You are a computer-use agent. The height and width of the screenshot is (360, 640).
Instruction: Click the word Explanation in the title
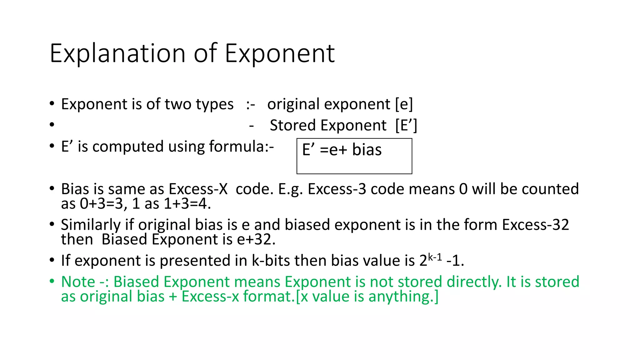(117, 54)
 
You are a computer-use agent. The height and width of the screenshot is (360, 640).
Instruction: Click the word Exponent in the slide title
(280, 54)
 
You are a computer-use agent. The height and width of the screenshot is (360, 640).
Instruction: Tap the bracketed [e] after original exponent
(404, 104)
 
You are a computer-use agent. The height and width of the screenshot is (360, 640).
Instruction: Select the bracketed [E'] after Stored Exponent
(406, 125)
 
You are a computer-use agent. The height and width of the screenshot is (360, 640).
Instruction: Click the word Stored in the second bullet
(292, 125)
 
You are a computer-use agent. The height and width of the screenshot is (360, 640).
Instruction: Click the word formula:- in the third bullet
(241, 146)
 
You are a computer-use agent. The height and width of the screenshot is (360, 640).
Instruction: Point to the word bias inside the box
(367, 149)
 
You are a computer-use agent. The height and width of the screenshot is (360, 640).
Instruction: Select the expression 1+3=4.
(187, 204)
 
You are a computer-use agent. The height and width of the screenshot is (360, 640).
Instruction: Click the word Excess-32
(535, 225)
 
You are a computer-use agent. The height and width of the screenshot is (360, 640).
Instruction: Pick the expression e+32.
(256, 239)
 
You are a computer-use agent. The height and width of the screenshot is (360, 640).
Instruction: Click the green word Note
(78, 282)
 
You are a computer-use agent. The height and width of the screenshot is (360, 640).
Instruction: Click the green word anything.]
(403, 297)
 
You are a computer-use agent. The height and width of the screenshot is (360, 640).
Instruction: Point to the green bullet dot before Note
(52, 281)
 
